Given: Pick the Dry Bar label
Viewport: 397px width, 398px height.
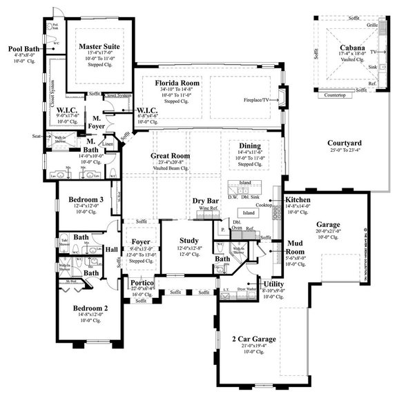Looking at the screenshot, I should pyautogui.click(x=206, y=201).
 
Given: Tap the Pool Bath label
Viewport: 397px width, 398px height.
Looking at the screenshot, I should pyautogui.click(x=23, y=49).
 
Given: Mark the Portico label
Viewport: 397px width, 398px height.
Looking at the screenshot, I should pyautogui.click(x=143, y=283).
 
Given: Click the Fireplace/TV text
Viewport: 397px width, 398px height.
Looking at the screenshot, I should pyautogui.click(x=260, y=99).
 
